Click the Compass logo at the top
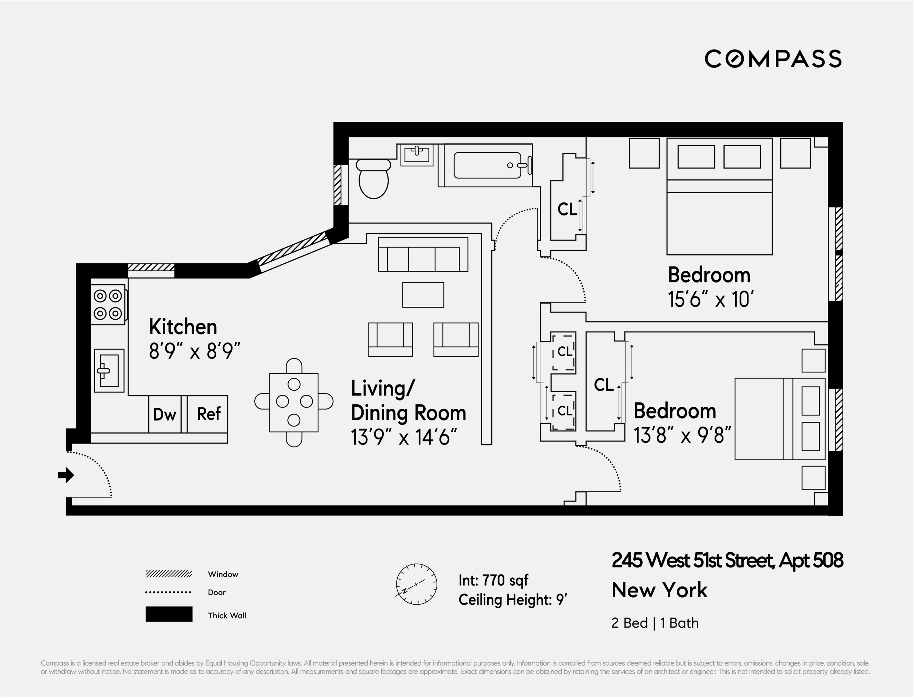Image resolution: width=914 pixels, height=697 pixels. [773, 59]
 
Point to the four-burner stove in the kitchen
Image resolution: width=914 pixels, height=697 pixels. [108, 304]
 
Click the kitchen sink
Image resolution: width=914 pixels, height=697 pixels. [109, 370]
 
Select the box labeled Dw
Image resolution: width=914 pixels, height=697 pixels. [165, 414]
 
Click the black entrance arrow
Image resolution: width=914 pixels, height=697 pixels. [66, 475]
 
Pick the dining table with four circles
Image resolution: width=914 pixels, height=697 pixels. [294, 403]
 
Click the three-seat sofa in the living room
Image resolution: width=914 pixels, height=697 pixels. [423, 254]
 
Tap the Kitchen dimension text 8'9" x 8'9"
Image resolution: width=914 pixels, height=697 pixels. [195, 351]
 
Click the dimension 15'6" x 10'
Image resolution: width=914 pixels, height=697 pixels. [710, 299]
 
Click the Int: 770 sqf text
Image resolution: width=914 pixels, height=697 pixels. [493, 580]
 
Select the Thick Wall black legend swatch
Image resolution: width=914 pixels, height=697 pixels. [169, 614]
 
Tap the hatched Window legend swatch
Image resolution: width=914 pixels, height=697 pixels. [169, 574]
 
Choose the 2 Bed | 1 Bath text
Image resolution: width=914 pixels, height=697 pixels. [655, 623]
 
